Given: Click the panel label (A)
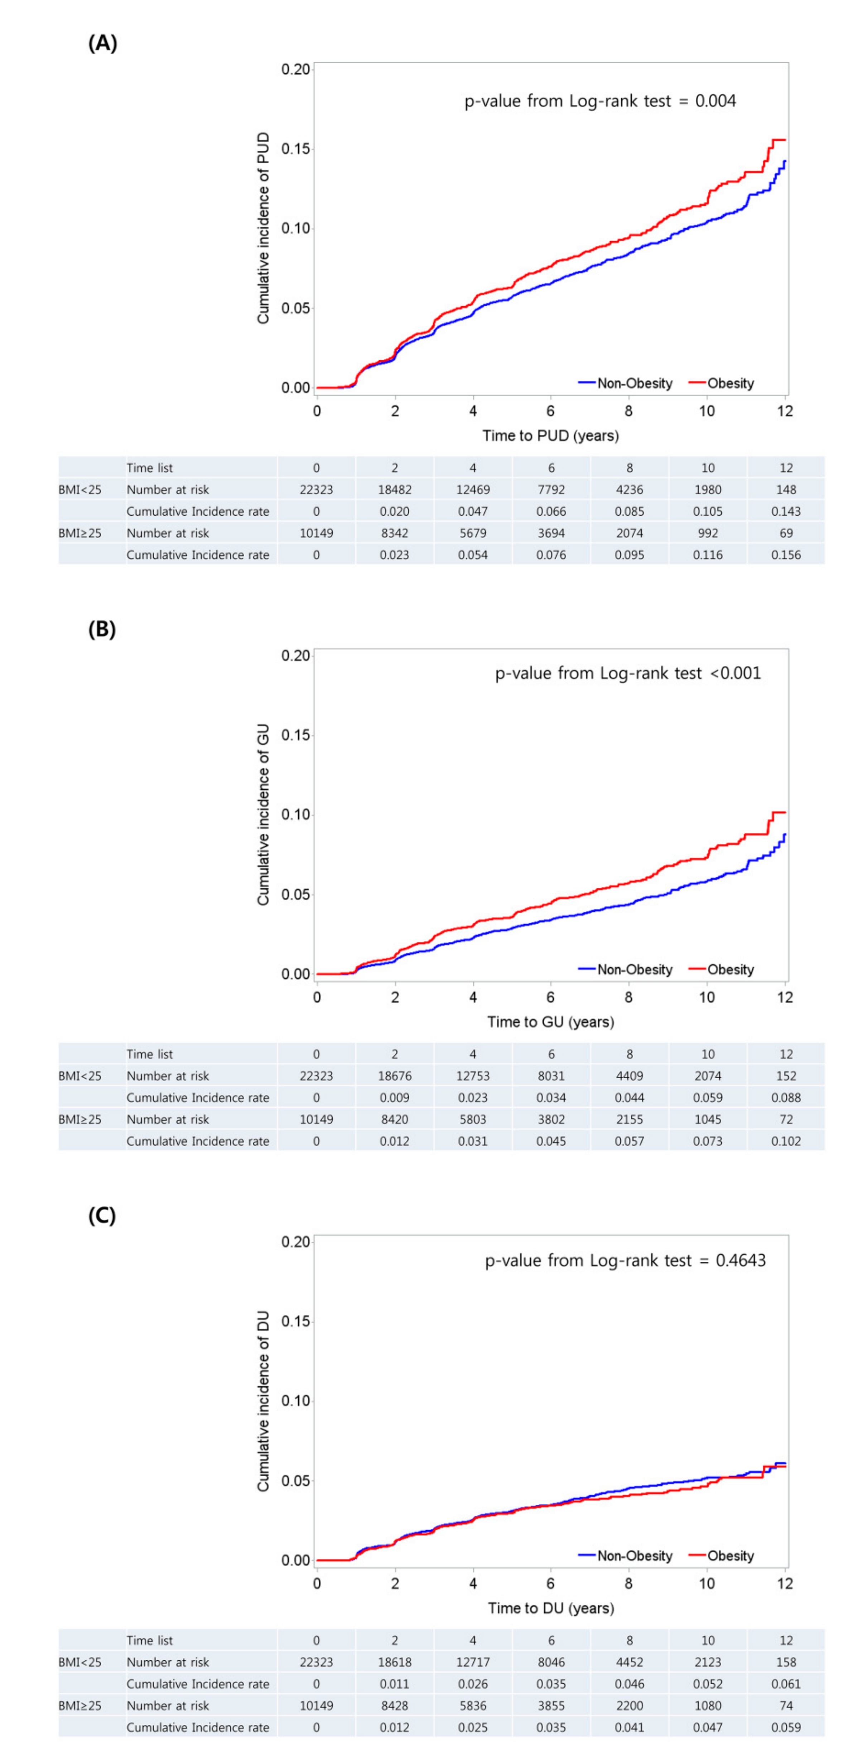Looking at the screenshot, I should click(x=103, y=43).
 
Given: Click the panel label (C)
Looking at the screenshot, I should click(x=102, y=1215).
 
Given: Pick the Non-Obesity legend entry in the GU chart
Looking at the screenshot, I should click(x=626, y=969).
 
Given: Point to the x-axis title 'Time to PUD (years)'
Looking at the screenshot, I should click(x=550, y=435).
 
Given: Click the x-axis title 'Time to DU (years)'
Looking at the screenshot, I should click(x=550, y=1608).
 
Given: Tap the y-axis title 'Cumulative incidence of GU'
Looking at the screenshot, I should click(x=263, y=814).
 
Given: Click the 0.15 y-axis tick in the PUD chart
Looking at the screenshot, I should click(x=295, y=148).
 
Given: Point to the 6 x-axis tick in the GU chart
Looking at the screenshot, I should click(x=550, y=997).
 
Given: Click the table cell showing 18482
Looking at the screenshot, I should click(x=395, y=490).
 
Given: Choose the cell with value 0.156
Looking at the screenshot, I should click(x=786, y=555).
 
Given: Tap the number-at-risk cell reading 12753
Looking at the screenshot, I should click(x=473, y=1076).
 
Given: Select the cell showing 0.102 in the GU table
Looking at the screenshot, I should click(x=786, y=1141).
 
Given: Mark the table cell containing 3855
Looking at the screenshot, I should click(x=551, y=1706).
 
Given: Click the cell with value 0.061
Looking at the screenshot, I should click(x=786, y=1684).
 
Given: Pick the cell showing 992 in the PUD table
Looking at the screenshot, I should click(x=708, y=533).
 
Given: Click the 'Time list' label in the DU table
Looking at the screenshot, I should click(x=150, y=1640).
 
